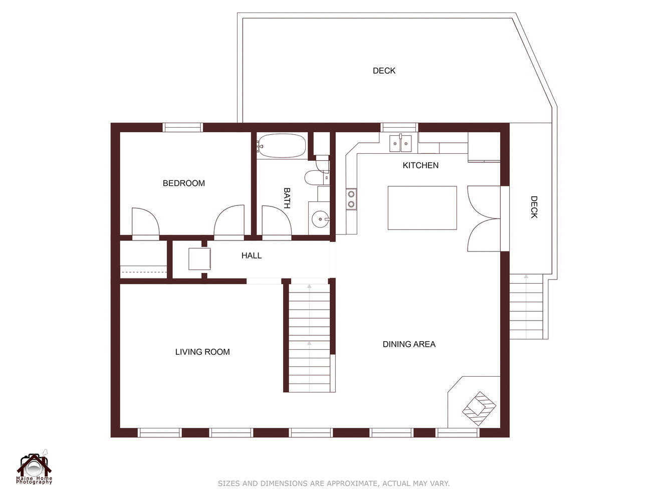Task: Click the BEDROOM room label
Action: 183,183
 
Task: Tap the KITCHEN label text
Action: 420,165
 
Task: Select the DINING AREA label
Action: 409,344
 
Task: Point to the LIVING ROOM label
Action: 202,352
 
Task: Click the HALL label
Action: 252,256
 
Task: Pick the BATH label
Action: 287,198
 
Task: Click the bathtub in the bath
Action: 281,146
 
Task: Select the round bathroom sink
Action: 320,219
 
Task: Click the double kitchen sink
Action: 400,143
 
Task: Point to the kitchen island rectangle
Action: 422,208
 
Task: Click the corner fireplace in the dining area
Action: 479,408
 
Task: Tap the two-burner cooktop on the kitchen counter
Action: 351,199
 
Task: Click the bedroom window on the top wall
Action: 182,127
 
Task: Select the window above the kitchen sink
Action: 399,127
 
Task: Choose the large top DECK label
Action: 384,71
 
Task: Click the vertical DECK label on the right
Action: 534,207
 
